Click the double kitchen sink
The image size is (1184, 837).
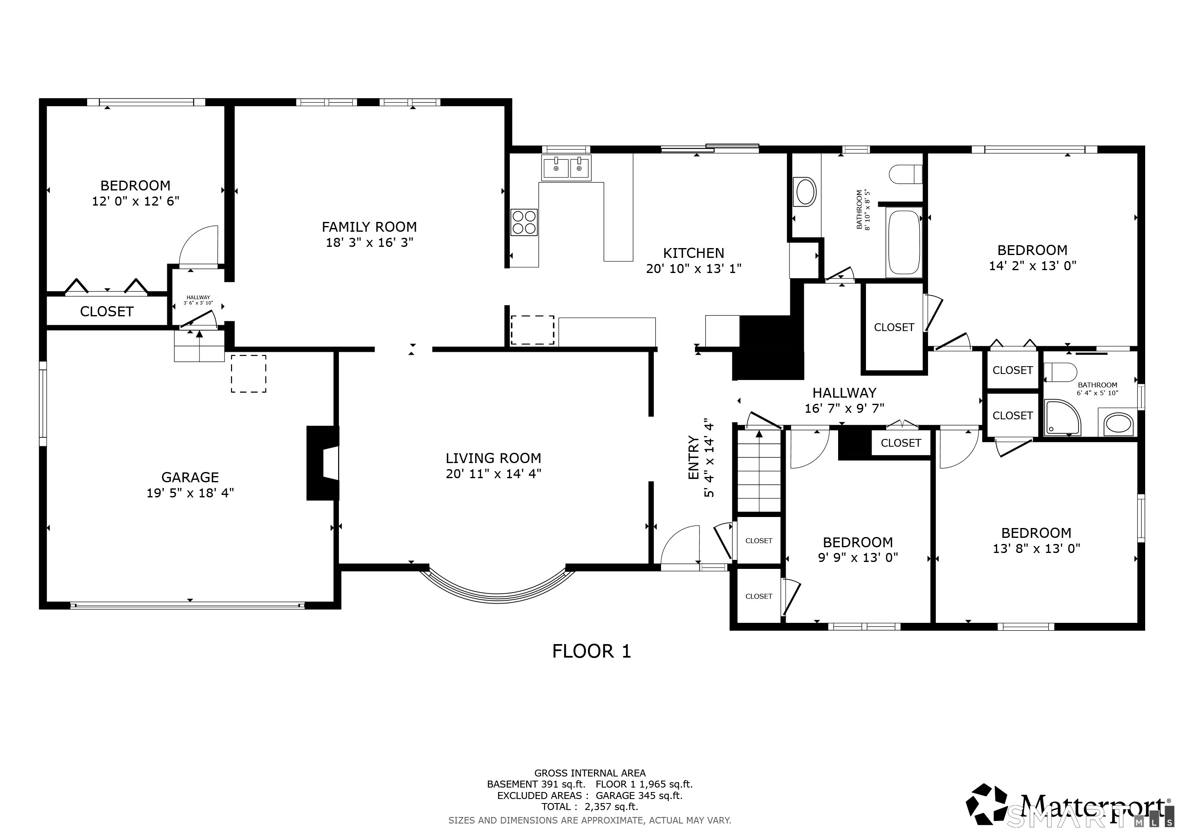[566, 168]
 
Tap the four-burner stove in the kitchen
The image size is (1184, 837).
[524, 222]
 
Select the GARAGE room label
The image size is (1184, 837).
[190, 477]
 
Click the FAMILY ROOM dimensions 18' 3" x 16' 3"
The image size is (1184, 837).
[369, 242]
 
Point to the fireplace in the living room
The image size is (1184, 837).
[323, 463]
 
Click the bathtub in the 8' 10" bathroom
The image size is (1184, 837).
[904, 243]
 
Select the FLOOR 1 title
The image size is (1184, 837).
[592, 651]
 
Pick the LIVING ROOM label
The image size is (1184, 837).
[493, 458]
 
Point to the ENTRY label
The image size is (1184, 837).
[693, 458]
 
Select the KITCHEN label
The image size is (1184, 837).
[693, 253]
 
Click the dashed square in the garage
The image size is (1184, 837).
[249, 374]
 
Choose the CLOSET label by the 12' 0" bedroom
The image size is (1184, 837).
[107, 311]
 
